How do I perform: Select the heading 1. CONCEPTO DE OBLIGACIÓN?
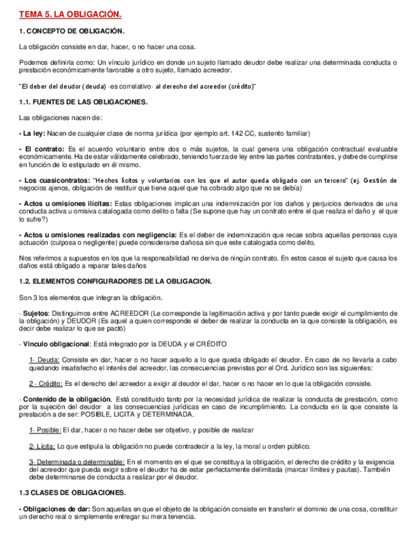point(71,31)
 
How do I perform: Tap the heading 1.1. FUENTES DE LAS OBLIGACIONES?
point(83,102)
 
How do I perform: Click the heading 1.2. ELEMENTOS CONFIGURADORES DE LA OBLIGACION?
point(115,281)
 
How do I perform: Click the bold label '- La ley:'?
point(32,134)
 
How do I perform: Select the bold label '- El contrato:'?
point(41,149)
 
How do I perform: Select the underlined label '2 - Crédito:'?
point(46,383)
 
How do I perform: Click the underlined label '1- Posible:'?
point(46,430)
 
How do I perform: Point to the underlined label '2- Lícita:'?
point(43,446)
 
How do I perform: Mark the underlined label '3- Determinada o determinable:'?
point(76,461)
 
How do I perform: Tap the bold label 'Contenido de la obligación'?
point(59,399)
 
